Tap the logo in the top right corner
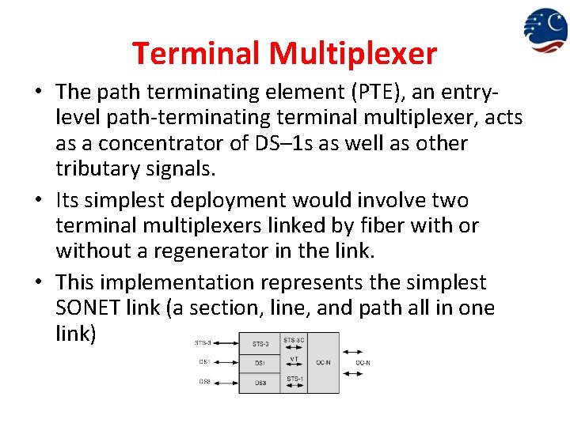545,30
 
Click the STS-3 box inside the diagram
260,343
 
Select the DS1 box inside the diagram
260,363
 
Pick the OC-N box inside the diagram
324,363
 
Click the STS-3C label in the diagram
294,341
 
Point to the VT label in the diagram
294,358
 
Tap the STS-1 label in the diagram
294,379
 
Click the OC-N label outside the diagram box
363,363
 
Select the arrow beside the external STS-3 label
226,343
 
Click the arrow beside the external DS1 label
226,363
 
